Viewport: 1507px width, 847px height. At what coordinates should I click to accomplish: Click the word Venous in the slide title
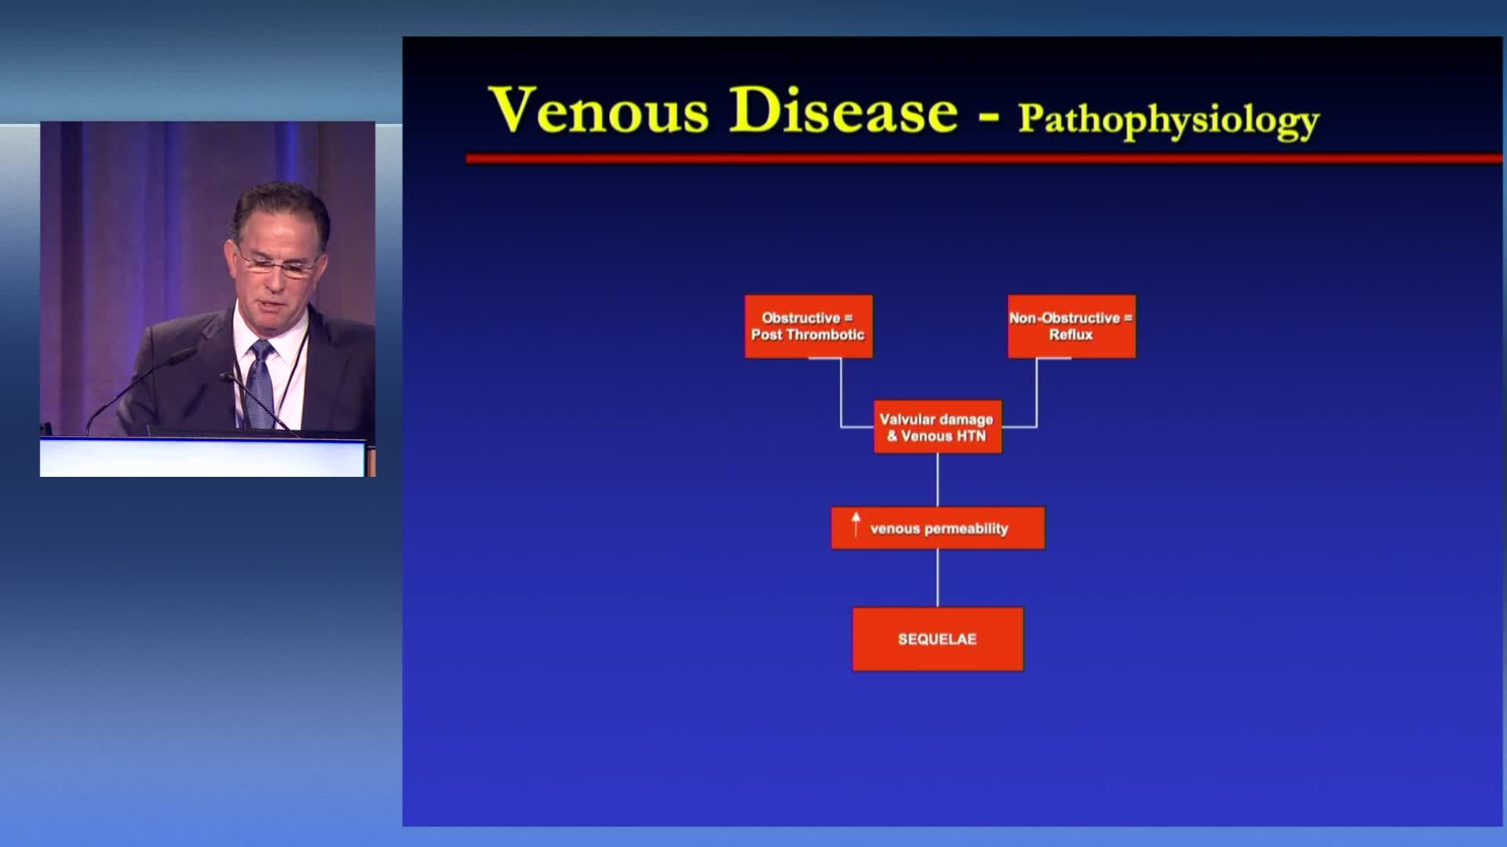599,110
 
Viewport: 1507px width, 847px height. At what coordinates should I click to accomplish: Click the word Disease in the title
844,110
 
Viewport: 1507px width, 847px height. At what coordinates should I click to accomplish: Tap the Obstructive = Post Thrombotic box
808,326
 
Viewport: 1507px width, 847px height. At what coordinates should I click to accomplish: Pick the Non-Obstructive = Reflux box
1071,326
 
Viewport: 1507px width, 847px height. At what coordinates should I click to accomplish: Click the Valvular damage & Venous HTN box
937,427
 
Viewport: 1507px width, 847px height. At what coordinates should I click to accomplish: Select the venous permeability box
938,528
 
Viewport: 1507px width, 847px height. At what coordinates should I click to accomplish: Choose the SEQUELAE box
938,639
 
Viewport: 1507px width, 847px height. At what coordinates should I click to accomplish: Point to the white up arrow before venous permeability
856,524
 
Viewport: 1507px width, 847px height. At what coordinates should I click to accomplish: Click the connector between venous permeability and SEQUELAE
938,578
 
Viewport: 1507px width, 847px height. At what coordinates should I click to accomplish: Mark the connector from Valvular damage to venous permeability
938,480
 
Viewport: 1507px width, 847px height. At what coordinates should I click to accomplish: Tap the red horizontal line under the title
984,159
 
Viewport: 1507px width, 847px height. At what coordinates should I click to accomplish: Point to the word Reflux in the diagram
1071,335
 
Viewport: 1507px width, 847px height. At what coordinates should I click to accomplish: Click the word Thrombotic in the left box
825,335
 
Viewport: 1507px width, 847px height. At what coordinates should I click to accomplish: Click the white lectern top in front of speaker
203,457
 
